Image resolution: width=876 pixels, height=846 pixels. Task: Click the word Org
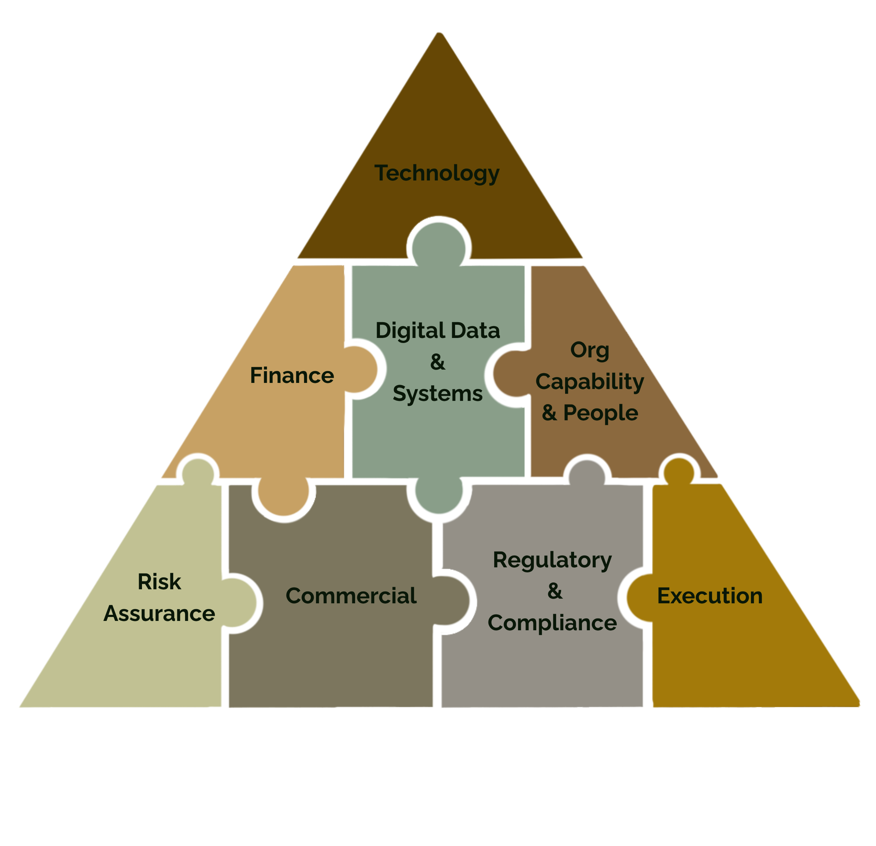(590, 350)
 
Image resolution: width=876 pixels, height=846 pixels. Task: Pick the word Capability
(590, 382)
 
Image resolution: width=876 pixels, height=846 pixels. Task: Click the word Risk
(159, 582)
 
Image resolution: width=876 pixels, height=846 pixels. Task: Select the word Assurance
(159, 613)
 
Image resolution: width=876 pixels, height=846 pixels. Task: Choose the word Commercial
(351, 596)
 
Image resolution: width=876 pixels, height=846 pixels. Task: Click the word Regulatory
(552, 560)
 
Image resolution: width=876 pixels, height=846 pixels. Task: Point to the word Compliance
(552, 623)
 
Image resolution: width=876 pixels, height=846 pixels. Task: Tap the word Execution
(710, 596)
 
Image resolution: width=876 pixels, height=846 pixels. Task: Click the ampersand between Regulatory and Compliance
(555, 591)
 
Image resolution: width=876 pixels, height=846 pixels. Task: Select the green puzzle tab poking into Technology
(439, 246)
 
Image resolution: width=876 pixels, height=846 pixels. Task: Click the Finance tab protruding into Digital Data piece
(362, 369)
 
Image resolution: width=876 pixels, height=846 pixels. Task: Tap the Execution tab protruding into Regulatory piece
(639, 598)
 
